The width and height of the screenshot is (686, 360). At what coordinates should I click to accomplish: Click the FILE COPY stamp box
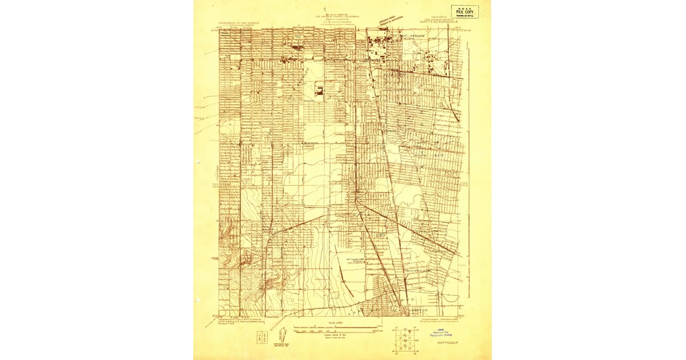pos(465,11)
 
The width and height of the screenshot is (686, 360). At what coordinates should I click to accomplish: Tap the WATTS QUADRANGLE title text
pos(442,21)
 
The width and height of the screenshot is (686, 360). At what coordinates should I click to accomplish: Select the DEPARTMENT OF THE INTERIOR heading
pos(238,23)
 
